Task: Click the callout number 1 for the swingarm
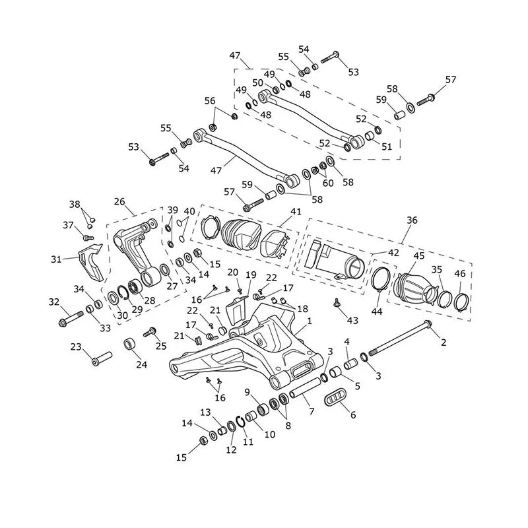coord(310,321)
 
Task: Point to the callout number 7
coord(312,411)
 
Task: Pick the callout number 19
coord(251,275)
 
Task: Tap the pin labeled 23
coord(102,358)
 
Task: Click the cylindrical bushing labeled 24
coord(129,344)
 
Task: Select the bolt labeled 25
coord(149,332)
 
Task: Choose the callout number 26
coord(119,201)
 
